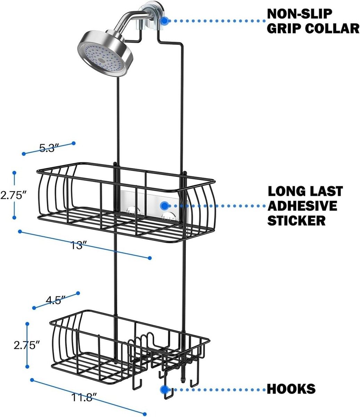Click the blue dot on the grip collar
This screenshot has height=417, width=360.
165,21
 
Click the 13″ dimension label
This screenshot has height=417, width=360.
77,246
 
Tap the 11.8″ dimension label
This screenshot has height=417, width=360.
82,397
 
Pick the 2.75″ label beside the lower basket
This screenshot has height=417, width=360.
27,345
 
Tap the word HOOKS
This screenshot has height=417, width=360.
291,389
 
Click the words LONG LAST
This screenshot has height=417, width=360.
305,191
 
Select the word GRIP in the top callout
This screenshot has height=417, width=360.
283,28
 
